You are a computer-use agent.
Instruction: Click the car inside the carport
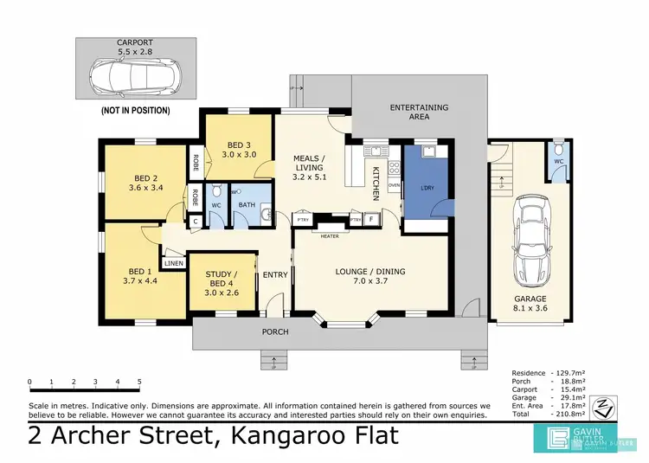coord(135,79)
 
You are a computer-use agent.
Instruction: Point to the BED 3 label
coord(239,145)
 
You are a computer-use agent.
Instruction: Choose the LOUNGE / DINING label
coord(370,272)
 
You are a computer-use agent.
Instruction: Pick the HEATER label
coord(329,236)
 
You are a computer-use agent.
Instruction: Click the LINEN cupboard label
coord(173,262)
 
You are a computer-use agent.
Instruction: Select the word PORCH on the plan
coord(275,331)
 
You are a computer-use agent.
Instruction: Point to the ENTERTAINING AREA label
coord(419,111)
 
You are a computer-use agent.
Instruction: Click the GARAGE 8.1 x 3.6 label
coord(531,304)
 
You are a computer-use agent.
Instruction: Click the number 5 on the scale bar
coord(139,381)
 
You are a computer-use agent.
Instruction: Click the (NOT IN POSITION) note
coord(135,111)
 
